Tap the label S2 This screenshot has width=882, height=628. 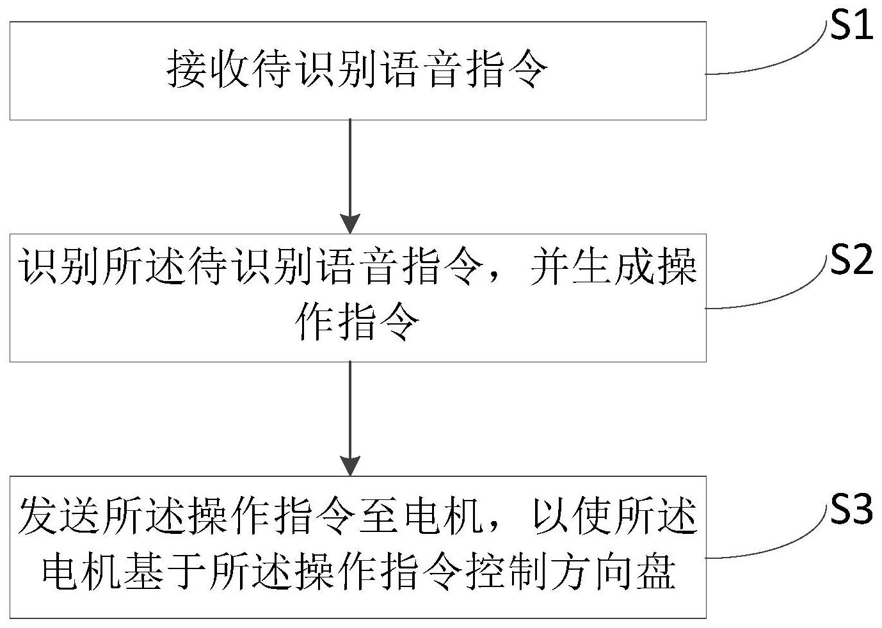click(x=851, y=261)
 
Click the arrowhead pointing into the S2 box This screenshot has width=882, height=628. click(x=350, y=225)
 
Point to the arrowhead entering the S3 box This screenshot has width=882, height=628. click(x=350, y=466)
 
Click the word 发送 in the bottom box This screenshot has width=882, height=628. click(x=58, y=515)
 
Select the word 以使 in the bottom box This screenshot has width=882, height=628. click(x=573, y=515)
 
